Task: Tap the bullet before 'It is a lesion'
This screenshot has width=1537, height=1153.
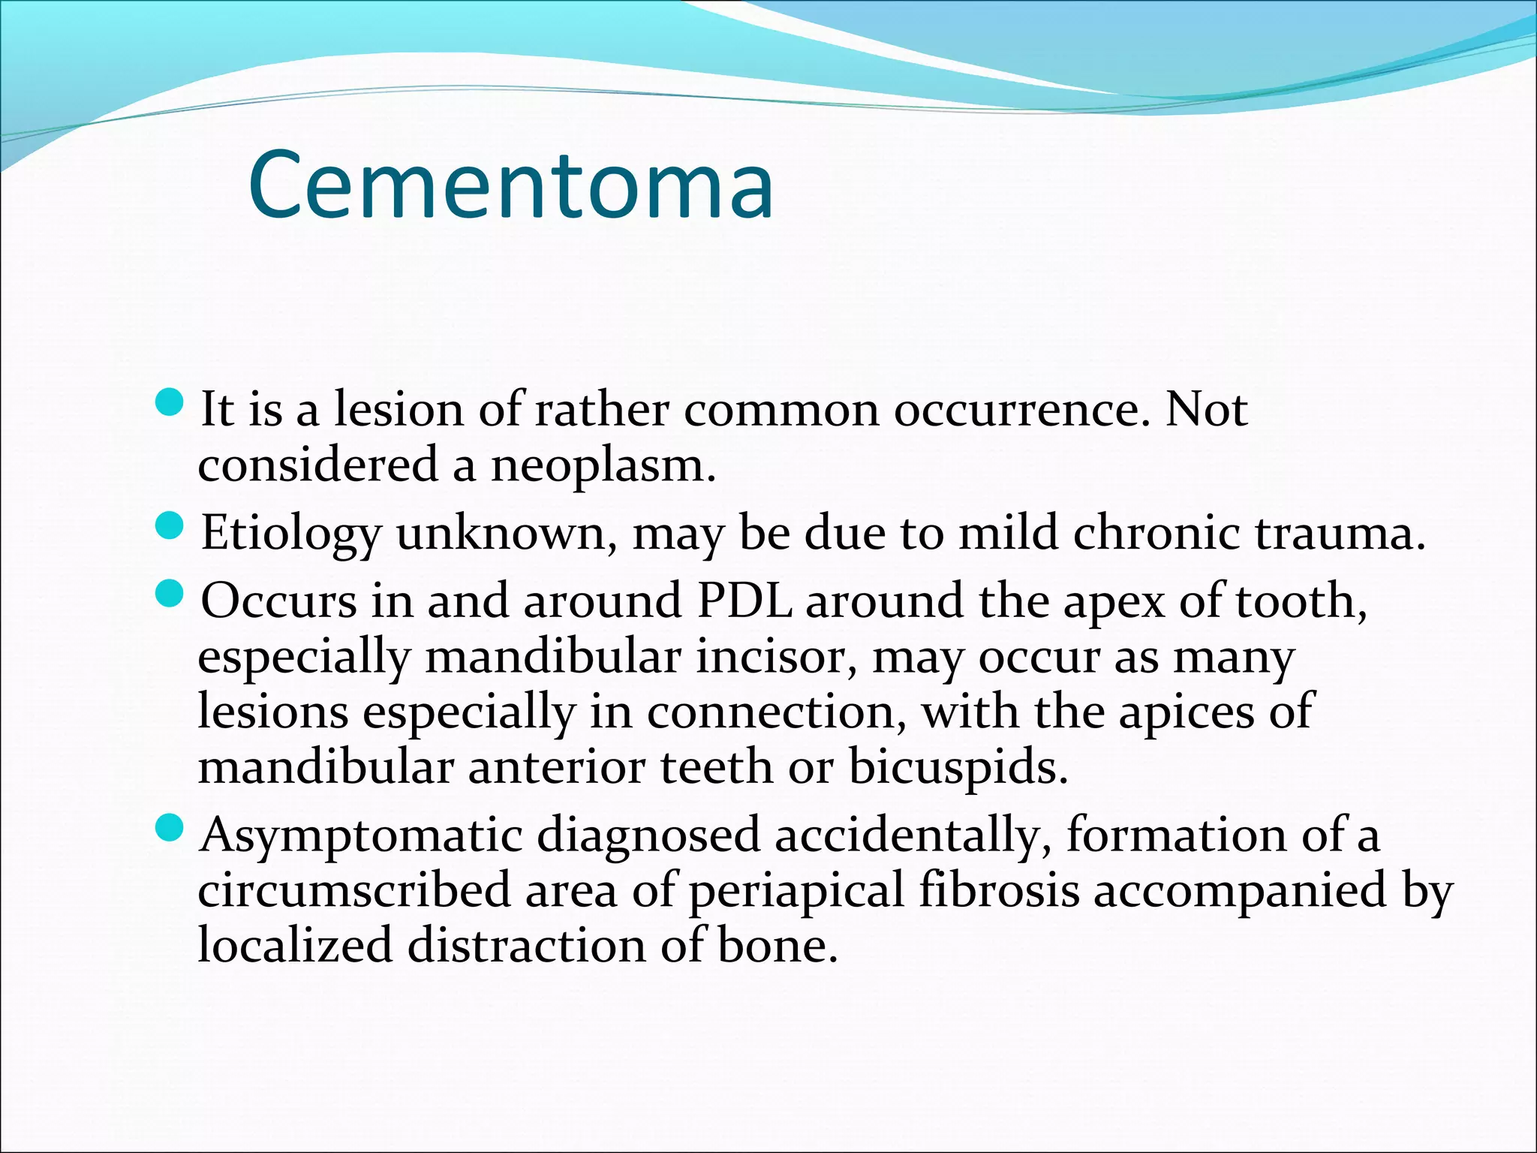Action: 171,404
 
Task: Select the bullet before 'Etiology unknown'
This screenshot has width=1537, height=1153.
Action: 171,526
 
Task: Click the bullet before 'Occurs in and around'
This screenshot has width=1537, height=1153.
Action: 171,595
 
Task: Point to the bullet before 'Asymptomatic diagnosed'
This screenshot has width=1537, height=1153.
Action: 171,829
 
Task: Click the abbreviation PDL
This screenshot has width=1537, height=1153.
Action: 744,601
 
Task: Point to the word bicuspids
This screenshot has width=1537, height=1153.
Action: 958,768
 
